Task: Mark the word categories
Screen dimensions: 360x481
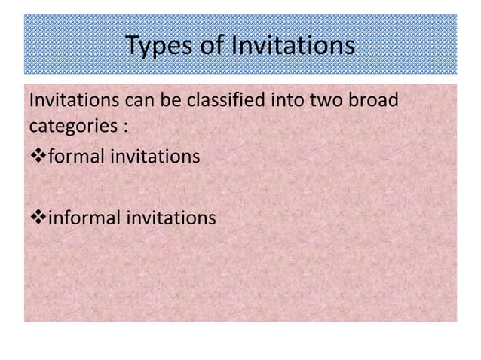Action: (69, 125)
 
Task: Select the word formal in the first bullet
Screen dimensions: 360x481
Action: (72, 157)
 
